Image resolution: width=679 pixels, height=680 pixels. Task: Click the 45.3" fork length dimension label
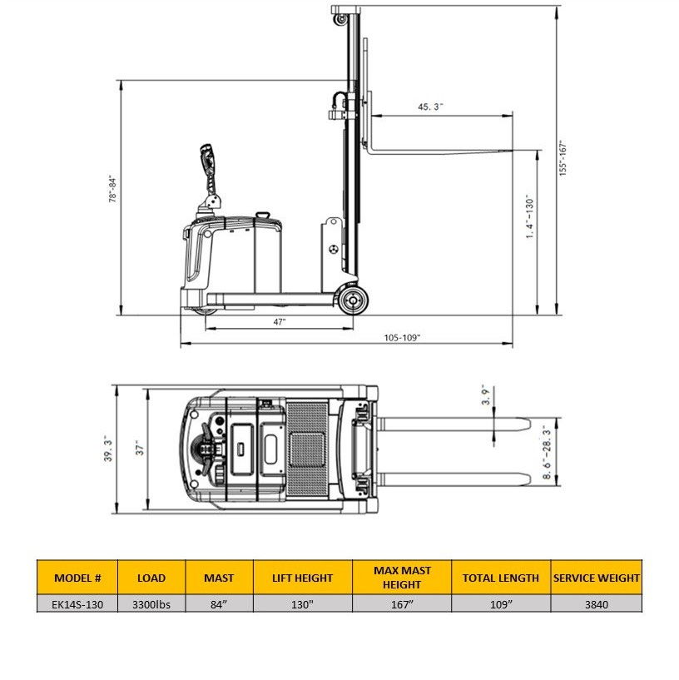click(x=430, y=107)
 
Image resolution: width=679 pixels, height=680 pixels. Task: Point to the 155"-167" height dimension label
click(x=563, y=158)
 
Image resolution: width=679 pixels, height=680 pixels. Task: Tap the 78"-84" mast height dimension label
click(x=112, y=190)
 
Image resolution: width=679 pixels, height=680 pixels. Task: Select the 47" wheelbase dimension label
click(x=280, y=322)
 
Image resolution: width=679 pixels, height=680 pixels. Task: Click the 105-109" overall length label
click(x=402, y=337)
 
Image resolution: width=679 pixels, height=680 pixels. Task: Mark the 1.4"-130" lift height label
click(x=529, y=216)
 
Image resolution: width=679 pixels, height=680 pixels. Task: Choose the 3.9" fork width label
click(x=486, y=395)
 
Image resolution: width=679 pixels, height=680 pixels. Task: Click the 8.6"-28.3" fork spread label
click(x=547, y=452)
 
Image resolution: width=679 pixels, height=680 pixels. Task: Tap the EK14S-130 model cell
click(x=77, y=604)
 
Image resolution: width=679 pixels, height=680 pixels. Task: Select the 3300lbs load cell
click(x=151, y=604)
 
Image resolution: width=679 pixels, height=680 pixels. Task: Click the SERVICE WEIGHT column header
click(x=596, y=578)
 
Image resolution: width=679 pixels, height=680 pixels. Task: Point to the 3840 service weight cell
click(x=596, y=604)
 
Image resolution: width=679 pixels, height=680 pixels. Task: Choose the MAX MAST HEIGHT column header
click(x=402, y=578)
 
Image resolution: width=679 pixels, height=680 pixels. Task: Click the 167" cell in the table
click(x=402, y=604)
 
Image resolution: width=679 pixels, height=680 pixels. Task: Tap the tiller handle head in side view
click(x=208, y=157)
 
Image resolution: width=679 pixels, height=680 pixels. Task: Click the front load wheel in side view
click(x=353, y=300)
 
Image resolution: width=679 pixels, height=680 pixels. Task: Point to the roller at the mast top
click(x=340, y=19)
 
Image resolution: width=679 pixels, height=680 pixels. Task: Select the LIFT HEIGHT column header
click(x=302, y=578)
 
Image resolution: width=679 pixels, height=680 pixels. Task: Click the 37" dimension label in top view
click(x=140, y=449)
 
